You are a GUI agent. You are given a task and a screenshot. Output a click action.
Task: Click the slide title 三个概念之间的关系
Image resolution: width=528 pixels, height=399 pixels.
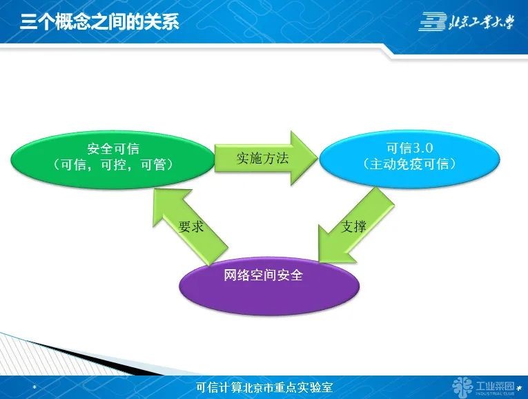(99, 21)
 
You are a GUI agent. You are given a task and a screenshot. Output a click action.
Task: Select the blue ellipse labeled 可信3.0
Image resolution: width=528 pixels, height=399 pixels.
(409, 157)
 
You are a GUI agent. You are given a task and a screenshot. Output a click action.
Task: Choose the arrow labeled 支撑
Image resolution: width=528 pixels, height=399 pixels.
(355, 226)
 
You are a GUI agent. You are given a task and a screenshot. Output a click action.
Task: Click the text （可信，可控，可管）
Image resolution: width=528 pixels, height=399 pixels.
(113, 165)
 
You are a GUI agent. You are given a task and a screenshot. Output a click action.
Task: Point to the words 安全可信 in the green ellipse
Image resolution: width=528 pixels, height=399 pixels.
(113, 148)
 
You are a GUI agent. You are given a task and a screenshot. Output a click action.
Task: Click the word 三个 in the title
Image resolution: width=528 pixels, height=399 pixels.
(37, 21)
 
